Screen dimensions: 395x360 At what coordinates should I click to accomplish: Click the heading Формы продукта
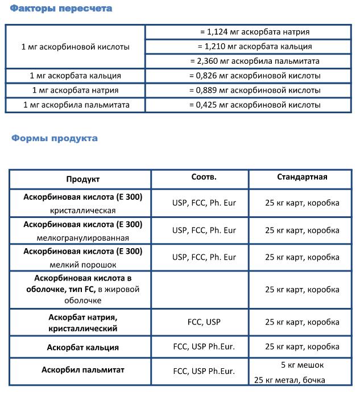click(x=55, y=138)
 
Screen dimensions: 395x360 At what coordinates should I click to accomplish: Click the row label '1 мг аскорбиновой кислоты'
click(x=75, y=47)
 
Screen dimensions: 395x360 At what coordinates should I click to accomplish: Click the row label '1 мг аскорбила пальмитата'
click(x=76, y=105)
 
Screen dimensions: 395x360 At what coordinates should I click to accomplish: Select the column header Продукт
click(x=82, y=179)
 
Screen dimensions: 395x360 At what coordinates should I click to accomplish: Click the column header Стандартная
click(x=302, y=177)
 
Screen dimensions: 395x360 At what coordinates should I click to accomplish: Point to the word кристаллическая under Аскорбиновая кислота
click(x=82, y=210)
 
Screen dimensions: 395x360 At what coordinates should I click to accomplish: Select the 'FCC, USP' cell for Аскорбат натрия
click(x=204, y=322)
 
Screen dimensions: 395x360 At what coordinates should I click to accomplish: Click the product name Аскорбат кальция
click(x=83, y=347)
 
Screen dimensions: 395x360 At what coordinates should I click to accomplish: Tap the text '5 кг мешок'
click(x=302, y=364)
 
